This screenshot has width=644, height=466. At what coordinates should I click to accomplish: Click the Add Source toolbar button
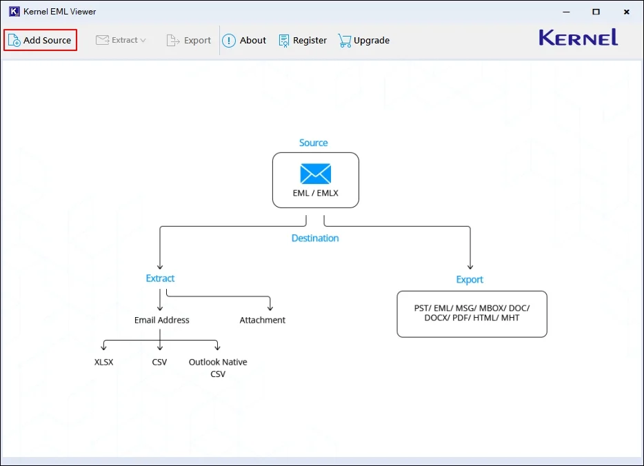40,40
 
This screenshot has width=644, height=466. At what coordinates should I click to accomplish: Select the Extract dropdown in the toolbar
121,40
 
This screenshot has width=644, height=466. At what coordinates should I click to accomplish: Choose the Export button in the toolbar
189,40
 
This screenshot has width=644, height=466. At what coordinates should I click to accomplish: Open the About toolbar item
244,40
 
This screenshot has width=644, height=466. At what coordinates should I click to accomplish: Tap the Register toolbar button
303,40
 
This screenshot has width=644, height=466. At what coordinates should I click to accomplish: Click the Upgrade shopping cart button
364,40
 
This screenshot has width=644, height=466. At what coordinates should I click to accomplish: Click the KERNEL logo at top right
578,38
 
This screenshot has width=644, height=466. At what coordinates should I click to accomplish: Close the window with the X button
626,12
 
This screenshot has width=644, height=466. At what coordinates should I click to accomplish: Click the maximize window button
596,12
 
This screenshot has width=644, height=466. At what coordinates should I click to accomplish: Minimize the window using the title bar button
565,12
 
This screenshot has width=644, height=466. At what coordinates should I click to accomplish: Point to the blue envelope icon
315,174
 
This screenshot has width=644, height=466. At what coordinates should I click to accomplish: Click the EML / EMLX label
315,193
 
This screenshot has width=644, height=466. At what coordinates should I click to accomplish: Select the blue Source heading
313,143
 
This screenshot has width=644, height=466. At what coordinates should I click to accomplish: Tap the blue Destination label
315,238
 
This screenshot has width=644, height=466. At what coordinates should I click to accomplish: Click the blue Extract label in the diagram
160,278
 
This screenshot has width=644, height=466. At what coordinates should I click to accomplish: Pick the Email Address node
162,320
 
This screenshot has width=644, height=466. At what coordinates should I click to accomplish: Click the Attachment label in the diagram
262,320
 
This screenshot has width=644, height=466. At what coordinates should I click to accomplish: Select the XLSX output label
103,362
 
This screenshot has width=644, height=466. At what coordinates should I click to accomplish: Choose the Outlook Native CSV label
218,367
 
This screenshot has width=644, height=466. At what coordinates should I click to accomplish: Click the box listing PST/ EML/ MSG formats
472,314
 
